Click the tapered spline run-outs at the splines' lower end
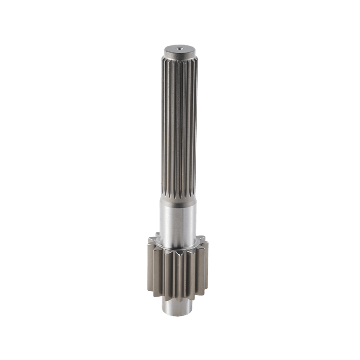pos(179,197)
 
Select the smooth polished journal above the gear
pos(179,223)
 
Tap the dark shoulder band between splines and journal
pos(179,203)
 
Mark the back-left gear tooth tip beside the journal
pos(156,234)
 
